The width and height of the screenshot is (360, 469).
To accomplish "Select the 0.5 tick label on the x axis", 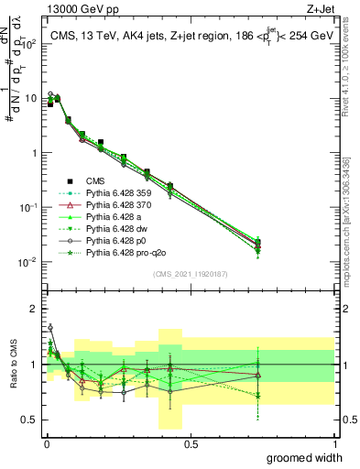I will tap(191, 443).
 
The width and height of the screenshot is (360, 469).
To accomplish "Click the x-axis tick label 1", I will tap(334, 443).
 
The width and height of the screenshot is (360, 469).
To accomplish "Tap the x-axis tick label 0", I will tap(46, 443).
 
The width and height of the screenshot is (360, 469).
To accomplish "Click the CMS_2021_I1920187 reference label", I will tap(191, 274).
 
